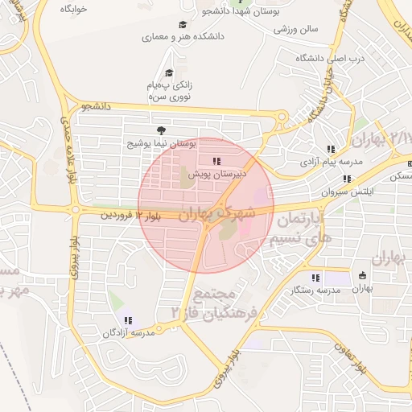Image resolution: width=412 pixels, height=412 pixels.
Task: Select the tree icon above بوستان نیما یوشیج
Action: [163, 130]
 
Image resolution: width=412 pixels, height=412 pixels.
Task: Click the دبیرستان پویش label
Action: [217, 172]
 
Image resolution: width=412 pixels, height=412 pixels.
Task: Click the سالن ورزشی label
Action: [296, 29]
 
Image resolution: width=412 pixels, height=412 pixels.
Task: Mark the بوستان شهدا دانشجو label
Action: [266, 12]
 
